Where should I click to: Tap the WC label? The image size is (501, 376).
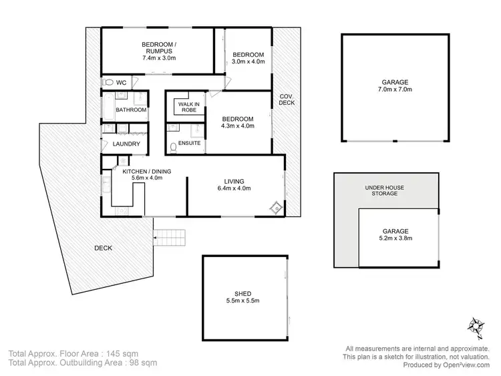point(122,83)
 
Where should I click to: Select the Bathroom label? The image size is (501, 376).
point(131,110)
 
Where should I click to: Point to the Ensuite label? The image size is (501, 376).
point(190,143)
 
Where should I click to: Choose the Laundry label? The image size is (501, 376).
point(126,144)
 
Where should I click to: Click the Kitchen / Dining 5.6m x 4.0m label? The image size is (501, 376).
point(146,176)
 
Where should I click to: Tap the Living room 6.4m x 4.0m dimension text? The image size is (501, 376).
point(234,190)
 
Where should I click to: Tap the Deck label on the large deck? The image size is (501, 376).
point(103,248)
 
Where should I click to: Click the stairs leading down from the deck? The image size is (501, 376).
point(168,236)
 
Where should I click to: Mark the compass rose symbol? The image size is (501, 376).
point(476,325)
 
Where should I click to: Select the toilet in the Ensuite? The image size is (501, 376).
point(172,146)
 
